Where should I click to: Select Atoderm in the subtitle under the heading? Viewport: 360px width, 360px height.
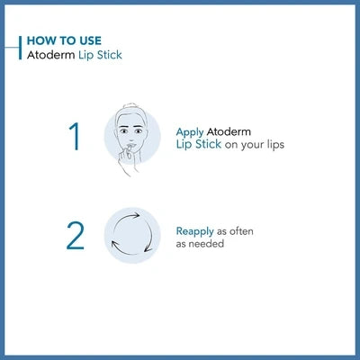point(49,55)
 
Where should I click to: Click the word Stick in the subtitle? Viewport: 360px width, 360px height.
point(108,55)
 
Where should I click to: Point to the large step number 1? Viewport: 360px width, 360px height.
point(75,137)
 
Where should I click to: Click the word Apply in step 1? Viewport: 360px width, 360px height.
point(191,131)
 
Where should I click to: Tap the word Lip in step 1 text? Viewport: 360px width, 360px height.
point(184,144)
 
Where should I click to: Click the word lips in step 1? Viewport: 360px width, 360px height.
point(272,144)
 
